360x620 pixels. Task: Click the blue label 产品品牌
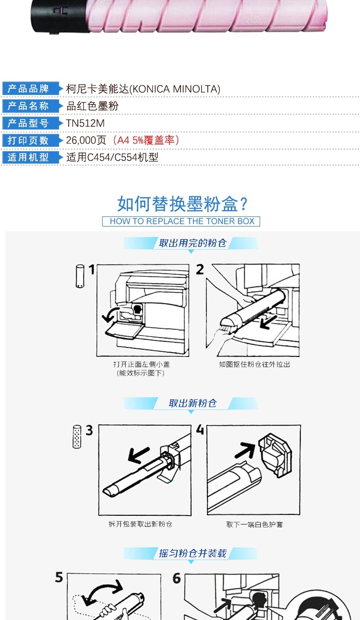click(x=28, y=89)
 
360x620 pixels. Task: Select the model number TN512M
click(x=85, y=123)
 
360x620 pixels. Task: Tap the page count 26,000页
click(x=86, y=140)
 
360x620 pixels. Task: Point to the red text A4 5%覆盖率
click(x=146, y=140)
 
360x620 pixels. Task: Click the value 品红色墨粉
click(x=93, y=106)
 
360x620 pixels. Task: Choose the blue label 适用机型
click(x=28, y=157)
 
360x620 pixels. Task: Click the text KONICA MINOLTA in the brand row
click(x=175, y=89)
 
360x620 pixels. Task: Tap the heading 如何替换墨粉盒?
click(x=182, y=204)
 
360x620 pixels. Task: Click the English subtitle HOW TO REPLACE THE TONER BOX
click(x=182, y=221)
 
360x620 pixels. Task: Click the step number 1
click(x=92, y=270)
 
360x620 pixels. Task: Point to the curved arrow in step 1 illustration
click(x=110, y=315)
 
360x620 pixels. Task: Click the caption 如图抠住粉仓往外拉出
click(x=254, y=364)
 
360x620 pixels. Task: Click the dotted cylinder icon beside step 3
click(x=77, y=437)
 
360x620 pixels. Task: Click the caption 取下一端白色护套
click(x=254, y=525)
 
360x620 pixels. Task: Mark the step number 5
click(x=59, y=577)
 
